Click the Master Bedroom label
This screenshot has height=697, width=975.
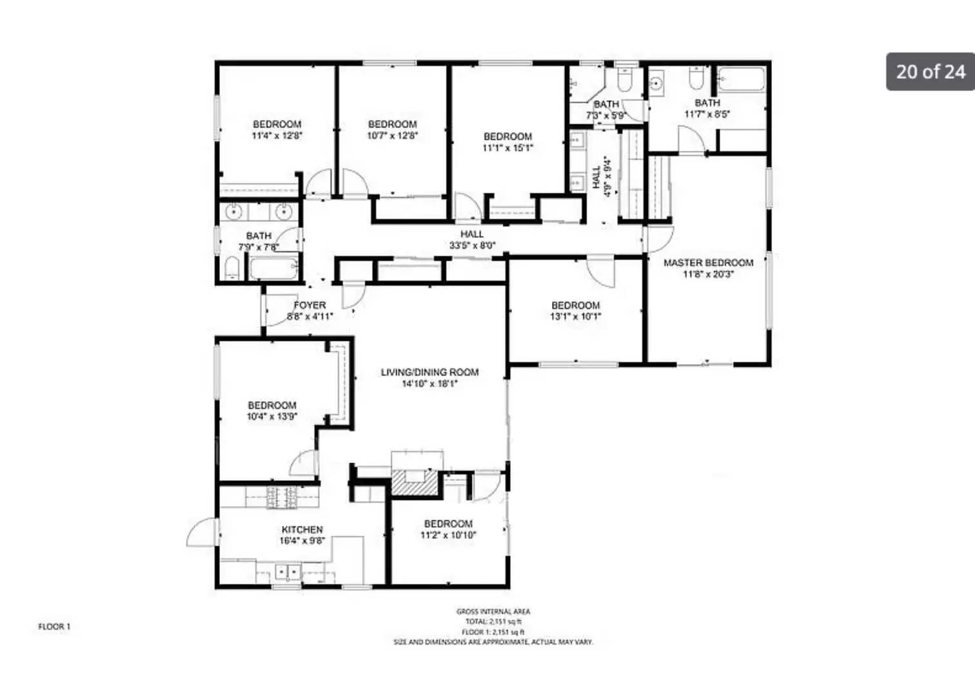point(708,263)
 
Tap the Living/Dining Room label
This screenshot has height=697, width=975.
point(429,372)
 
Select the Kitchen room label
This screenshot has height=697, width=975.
point(302,529)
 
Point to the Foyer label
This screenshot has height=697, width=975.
point(310,305)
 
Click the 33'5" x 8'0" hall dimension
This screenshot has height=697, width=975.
point(472,245)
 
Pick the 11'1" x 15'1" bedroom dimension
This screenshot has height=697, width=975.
point(507,148)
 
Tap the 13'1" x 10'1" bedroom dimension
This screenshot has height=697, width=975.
point(575,317)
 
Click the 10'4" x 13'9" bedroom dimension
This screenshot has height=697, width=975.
point(271,417)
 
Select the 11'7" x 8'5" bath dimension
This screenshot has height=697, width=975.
point(707,114)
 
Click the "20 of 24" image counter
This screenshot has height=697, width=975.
point(931,71)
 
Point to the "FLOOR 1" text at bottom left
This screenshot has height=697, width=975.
point(54,627)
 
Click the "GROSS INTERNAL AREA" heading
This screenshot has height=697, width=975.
point(493,612)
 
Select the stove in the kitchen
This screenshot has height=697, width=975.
point(282,497)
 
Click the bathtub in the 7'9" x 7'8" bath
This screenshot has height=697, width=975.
point(273,268)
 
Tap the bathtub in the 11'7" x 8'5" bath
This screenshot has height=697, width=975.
point(742,79)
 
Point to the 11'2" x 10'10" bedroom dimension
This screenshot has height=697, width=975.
point(448,535)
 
